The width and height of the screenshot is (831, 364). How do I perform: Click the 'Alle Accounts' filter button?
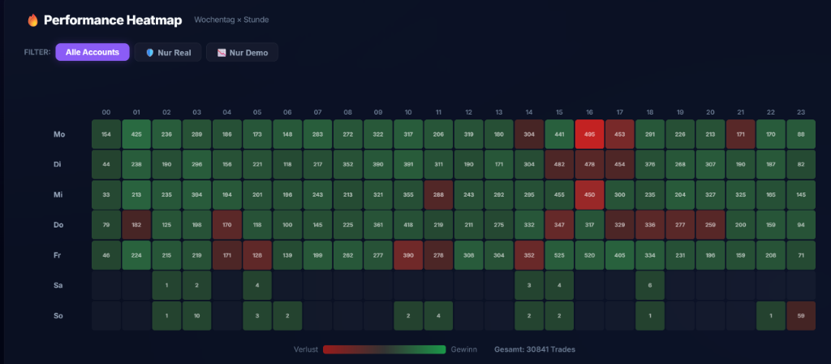pos(92,52)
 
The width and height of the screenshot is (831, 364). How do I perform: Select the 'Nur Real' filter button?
pos(168,52)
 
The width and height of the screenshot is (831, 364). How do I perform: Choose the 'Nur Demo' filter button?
pos(242,52)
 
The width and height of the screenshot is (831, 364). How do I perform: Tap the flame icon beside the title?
pos(32,19)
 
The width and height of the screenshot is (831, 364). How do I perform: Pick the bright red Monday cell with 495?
pos(589,134)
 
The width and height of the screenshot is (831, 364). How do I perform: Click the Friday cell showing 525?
pos(559,255)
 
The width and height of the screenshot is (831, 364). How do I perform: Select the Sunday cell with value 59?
pos(800,315)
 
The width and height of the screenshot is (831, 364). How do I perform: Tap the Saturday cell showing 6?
pos(650,285)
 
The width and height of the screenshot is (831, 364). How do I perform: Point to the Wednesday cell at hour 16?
pos(589,195)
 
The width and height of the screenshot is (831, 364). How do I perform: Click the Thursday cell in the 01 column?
pos(136,225)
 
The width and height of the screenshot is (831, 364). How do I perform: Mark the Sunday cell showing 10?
pos(197,315)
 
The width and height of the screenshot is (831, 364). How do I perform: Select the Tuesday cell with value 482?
pos(559,164)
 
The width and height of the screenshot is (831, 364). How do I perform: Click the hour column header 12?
pos(468,112)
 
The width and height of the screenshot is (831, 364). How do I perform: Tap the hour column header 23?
pos(800,112)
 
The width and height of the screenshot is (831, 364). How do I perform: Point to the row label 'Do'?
pos(59,225)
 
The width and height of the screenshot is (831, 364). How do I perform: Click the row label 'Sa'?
pos(59,285)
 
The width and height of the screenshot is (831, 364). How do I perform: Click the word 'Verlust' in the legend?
pos(306,349)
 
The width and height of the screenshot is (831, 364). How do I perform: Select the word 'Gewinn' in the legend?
pos(464,349)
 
